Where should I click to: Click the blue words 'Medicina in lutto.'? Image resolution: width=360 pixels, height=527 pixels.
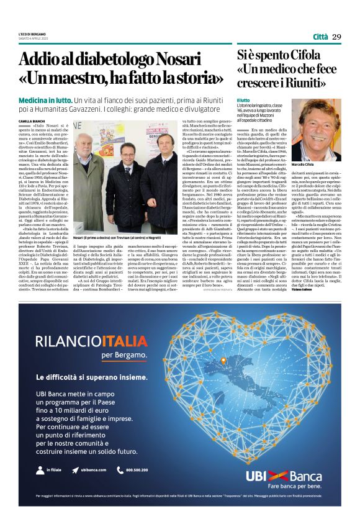(45, 100)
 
